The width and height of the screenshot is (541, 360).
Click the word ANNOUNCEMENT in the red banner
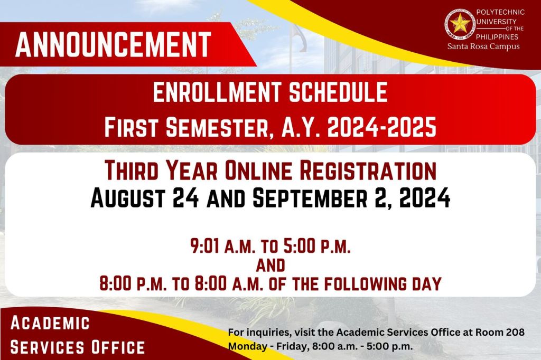click(113, 44)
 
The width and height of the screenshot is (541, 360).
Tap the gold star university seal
click(460, 24)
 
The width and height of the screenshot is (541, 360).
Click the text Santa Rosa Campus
click(483, 46)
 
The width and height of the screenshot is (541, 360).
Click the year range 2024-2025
click(381, 127)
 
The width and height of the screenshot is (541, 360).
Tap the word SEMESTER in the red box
click(217, 127)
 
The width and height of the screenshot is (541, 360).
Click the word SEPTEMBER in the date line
click(310, 198)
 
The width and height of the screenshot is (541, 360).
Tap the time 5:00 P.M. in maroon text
click(317, 246)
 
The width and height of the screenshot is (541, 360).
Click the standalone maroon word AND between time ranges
click(270, 266)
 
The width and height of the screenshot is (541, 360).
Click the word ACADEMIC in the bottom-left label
click(50, 323)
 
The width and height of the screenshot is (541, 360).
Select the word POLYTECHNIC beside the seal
click(500, 13)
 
